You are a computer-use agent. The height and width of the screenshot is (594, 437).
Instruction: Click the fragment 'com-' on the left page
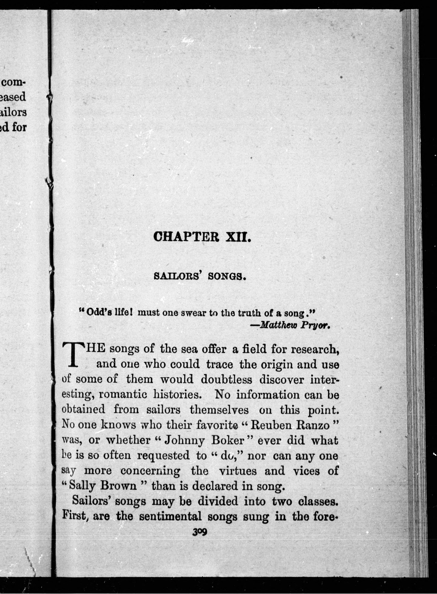click(14, 82)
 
